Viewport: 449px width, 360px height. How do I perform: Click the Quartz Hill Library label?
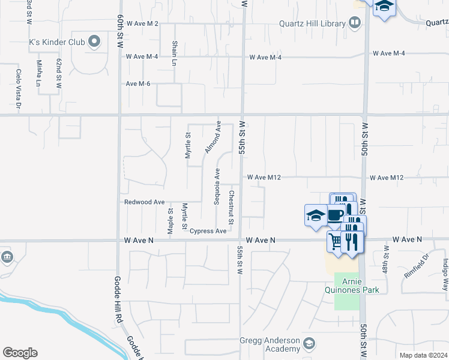(312, 24)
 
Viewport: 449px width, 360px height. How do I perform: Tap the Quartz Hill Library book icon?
(355, 23)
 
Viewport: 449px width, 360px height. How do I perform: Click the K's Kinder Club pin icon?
(94, 41)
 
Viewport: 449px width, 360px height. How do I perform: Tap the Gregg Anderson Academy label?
(270, 344)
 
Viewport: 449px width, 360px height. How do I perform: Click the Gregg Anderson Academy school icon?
(309, 344)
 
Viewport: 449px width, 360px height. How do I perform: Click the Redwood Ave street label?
(144, 202)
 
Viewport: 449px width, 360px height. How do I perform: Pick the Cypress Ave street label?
(208, 231)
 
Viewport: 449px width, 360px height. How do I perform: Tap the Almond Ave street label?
(211, 137)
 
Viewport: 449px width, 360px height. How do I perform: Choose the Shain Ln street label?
(175, 53)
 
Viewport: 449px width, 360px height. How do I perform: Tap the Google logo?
(20, 352)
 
